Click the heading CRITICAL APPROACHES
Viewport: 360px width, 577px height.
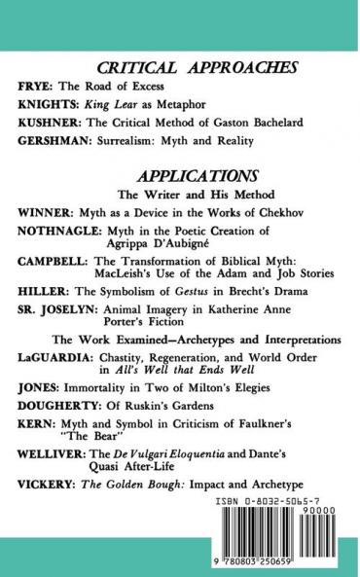tap(183, 68)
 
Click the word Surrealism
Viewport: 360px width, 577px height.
tap(132, 141)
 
